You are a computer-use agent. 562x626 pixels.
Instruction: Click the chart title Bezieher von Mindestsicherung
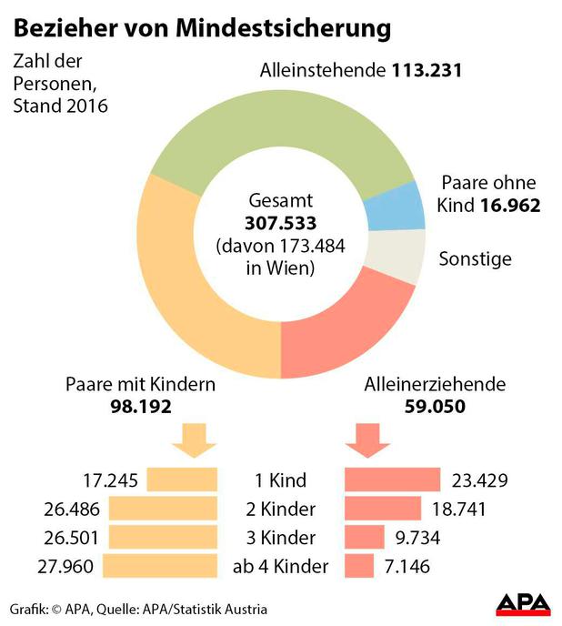[x=201, y=27]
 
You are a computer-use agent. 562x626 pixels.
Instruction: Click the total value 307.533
[x=281, y=224]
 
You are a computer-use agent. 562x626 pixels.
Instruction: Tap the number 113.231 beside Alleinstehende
[x=427, y=70]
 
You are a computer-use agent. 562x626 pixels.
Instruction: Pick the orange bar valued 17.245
[x=182, y=480]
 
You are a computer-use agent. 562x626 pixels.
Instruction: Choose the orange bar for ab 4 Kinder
[x=162, y=566]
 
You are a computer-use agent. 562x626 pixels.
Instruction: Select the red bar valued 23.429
[x=392, y=480]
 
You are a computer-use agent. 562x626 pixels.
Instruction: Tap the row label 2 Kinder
[x=281, y=509]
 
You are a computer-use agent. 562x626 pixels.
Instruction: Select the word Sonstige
[x=475, y=258]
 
